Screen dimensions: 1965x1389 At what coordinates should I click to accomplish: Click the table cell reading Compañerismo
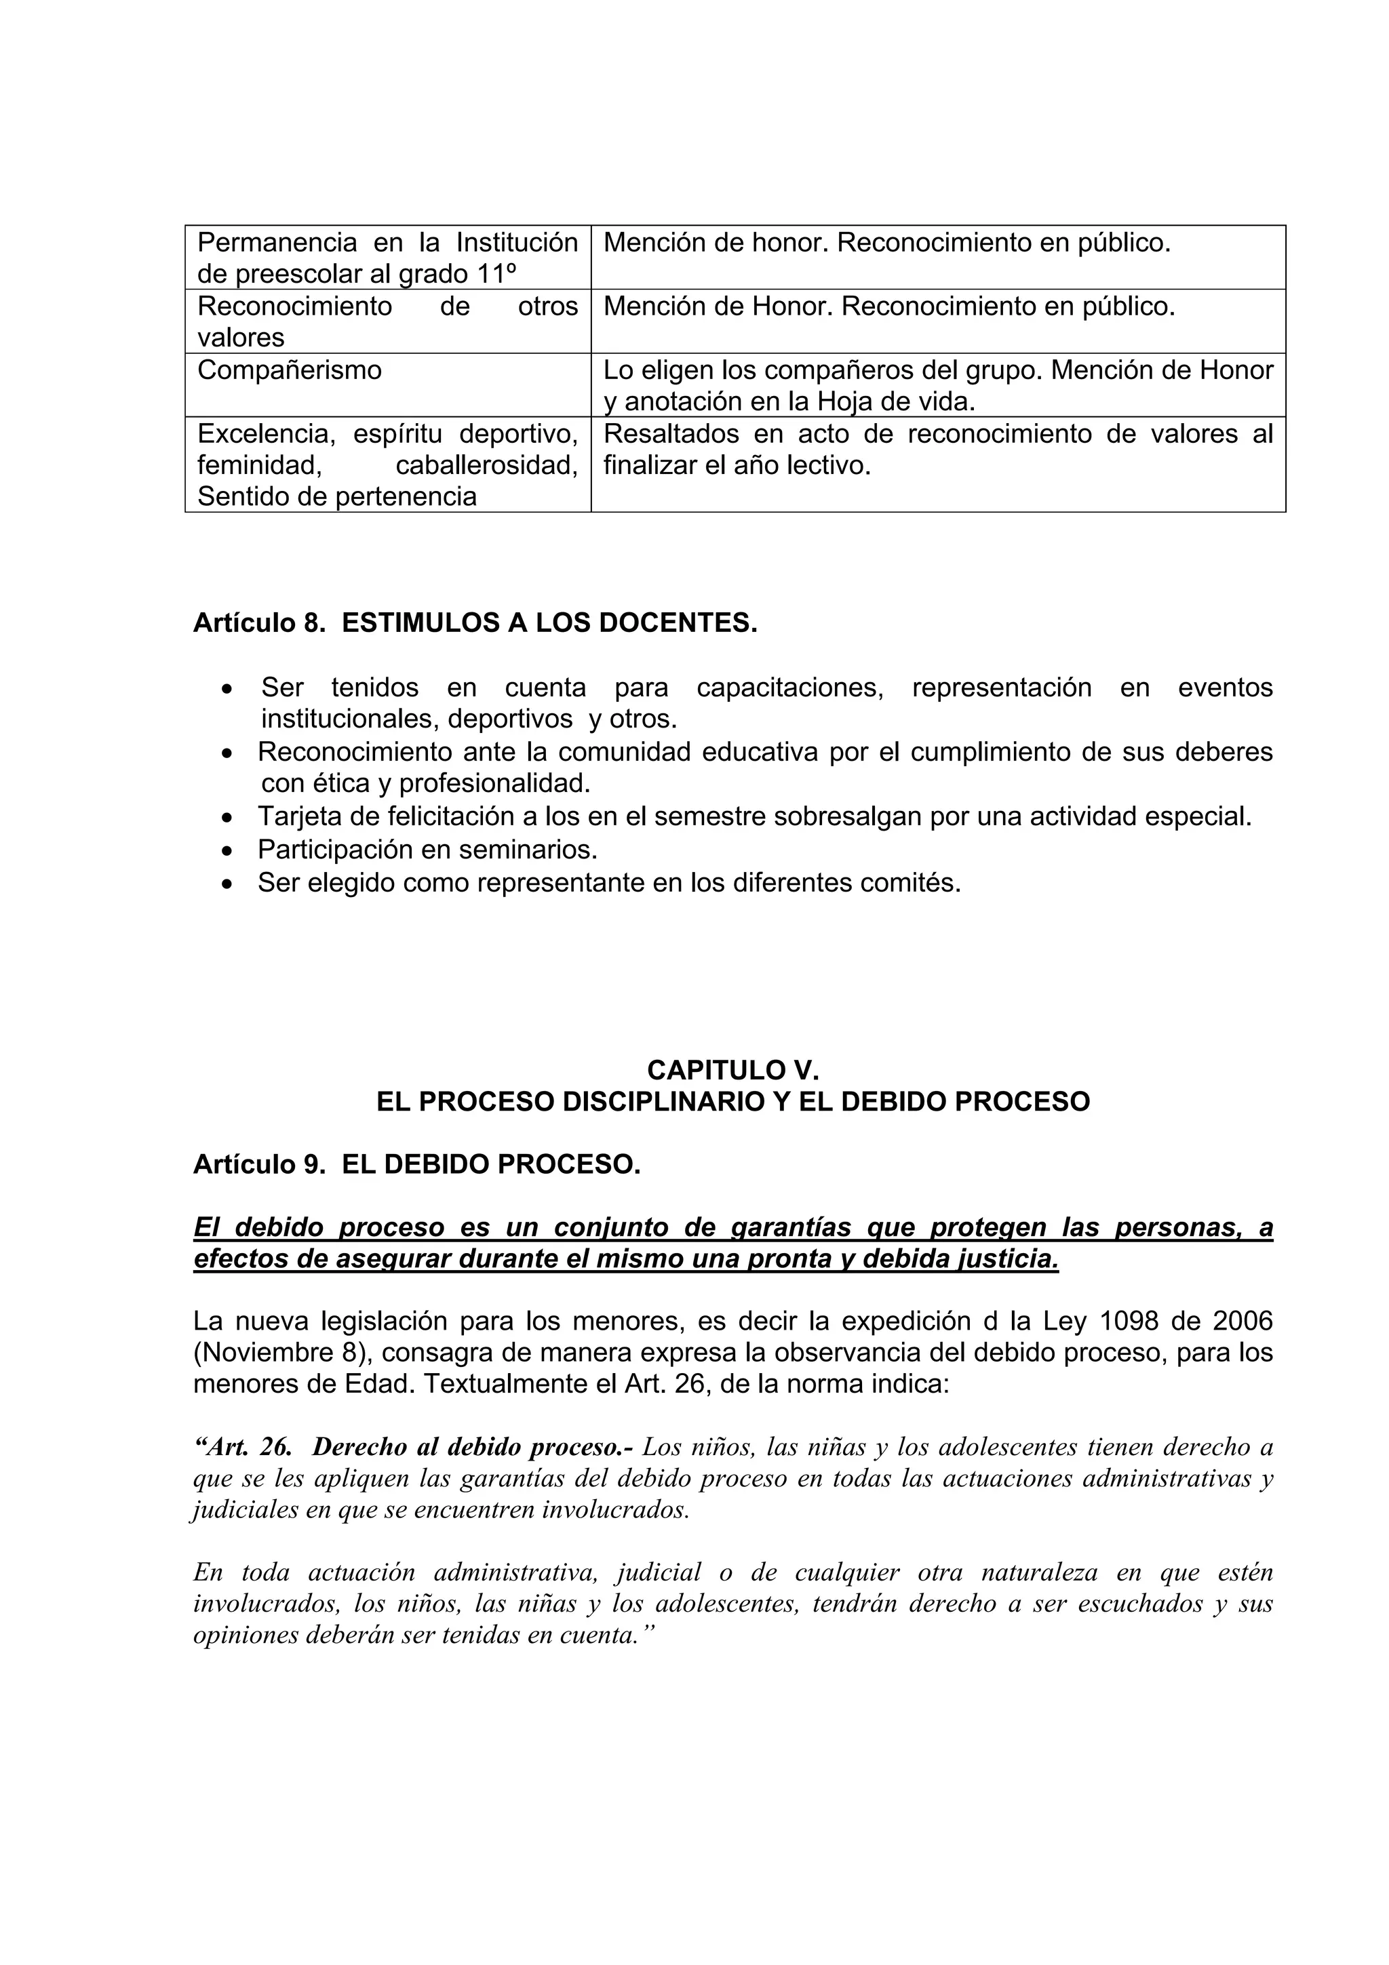point(290,371)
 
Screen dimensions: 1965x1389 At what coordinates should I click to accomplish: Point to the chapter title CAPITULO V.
point(732,1070)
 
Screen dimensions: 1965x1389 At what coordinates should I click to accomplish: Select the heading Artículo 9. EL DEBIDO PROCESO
point(417,1164)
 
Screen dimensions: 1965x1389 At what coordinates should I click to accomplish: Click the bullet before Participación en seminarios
point(227,852)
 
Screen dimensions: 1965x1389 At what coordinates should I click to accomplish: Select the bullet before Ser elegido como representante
point(227,884)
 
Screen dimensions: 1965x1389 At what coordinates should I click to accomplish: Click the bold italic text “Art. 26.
point(244,1446)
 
